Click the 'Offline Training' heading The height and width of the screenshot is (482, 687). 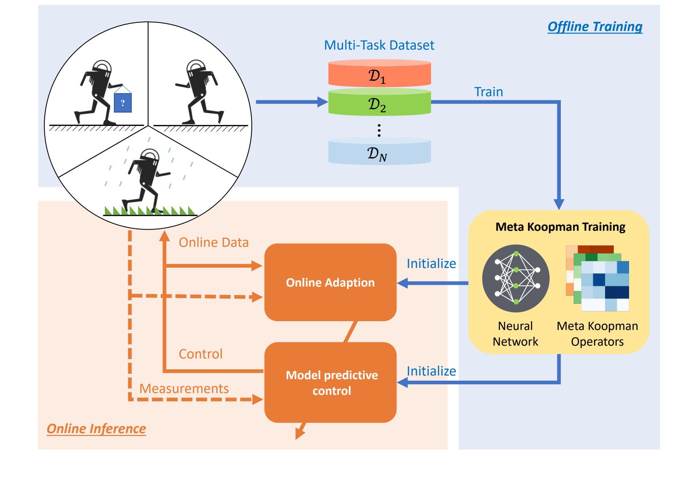point(594,27)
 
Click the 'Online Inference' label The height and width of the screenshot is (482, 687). point(96,428)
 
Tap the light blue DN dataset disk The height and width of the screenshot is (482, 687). point(379,152)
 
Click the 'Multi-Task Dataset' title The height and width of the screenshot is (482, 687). point(379,45)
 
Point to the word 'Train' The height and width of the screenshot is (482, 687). point(488,92)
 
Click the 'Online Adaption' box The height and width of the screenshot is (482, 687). point(330,282)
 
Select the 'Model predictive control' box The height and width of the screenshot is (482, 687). point(330,382)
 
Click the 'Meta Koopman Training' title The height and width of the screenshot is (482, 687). point(560,227)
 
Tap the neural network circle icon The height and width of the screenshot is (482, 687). point(516,278)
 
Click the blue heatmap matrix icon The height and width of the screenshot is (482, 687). point(605,286)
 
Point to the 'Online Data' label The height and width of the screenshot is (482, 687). point(214,242)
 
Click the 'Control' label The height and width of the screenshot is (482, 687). point(200,354)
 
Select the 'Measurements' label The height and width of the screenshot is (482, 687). point(184,389)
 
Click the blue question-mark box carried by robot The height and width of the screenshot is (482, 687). point(123,103)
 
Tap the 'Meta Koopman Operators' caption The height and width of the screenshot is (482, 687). point(597,334)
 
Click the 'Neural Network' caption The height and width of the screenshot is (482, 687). point(515,334)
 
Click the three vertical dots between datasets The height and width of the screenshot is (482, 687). point(379,130)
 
